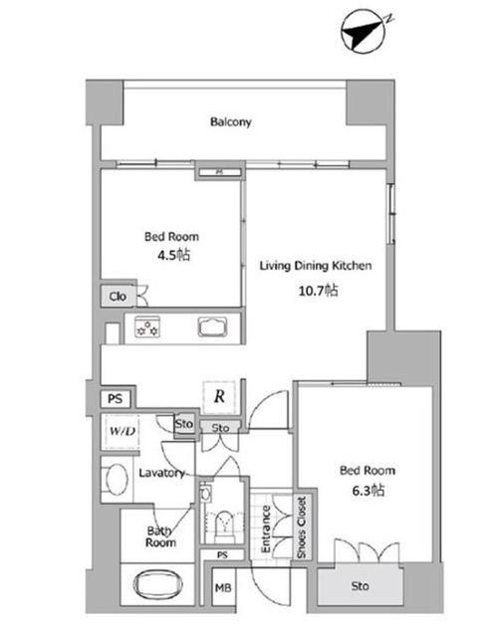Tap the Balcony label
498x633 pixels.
pos(231,121)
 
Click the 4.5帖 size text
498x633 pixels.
pos(173,255)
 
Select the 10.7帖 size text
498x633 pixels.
pos(318,291)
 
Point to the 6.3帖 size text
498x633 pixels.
pos(368,491)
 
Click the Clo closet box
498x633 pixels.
pos(118,296)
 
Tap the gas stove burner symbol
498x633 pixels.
pos(147,327)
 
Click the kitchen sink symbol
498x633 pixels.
pos(212,327)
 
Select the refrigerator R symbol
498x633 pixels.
pos(219,397)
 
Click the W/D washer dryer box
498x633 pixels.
pos(121,431)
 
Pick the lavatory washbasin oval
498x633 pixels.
pos(118,479)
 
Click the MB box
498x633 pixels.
pos(223,587)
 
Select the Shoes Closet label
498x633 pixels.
pos(302,527)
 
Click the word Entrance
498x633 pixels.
pos(265,528)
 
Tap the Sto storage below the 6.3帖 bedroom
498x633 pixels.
pos(360,586)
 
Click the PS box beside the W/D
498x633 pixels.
pos(116,399)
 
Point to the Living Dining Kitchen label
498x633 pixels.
pos(316,266)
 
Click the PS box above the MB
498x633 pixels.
pos(222,555)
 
